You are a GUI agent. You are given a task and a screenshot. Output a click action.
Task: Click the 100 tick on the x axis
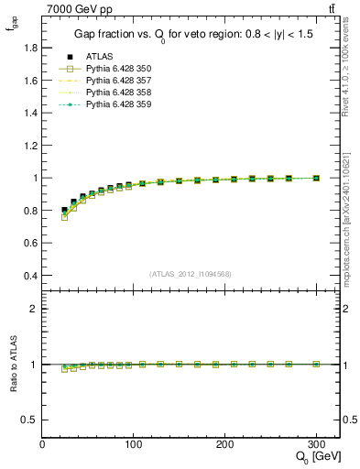pyautogui.click(x=134, y=444)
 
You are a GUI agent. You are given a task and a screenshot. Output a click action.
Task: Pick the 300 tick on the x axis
pyautogui.click(x=317, y=444)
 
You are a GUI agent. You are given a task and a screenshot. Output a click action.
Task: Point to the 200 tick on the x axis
pyautogui.click(x=225, y=444)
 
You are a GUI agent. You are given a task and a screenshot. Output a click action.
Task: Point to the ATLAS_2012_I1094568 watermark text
pyautogui.click(x=190, y=273)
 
